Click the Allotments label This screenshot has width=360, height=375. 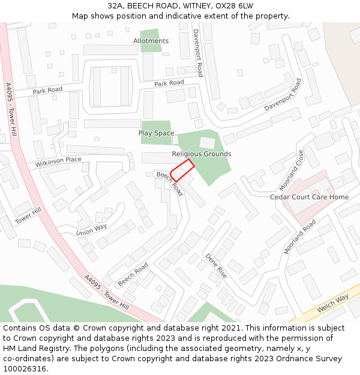click(151, 41)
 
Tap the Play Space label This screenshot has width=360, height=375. click(156, 133)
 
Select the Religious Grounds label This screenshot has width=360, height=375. click(202, 154)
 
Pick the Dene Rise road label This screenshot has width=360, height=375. click(216, 265)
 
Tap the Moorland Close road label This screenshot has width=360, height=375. click(292, 170)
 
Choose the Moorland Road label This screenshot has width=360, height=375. click(300, 237)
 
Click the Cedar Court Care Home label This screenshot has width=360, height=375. click(309, 197)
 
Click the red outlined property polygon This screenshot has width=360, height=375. click(182, 170)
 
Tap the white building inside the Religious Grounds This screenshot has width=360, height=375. click(207, 143)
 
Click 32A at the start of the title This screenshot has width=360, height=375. click(116, 6)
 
